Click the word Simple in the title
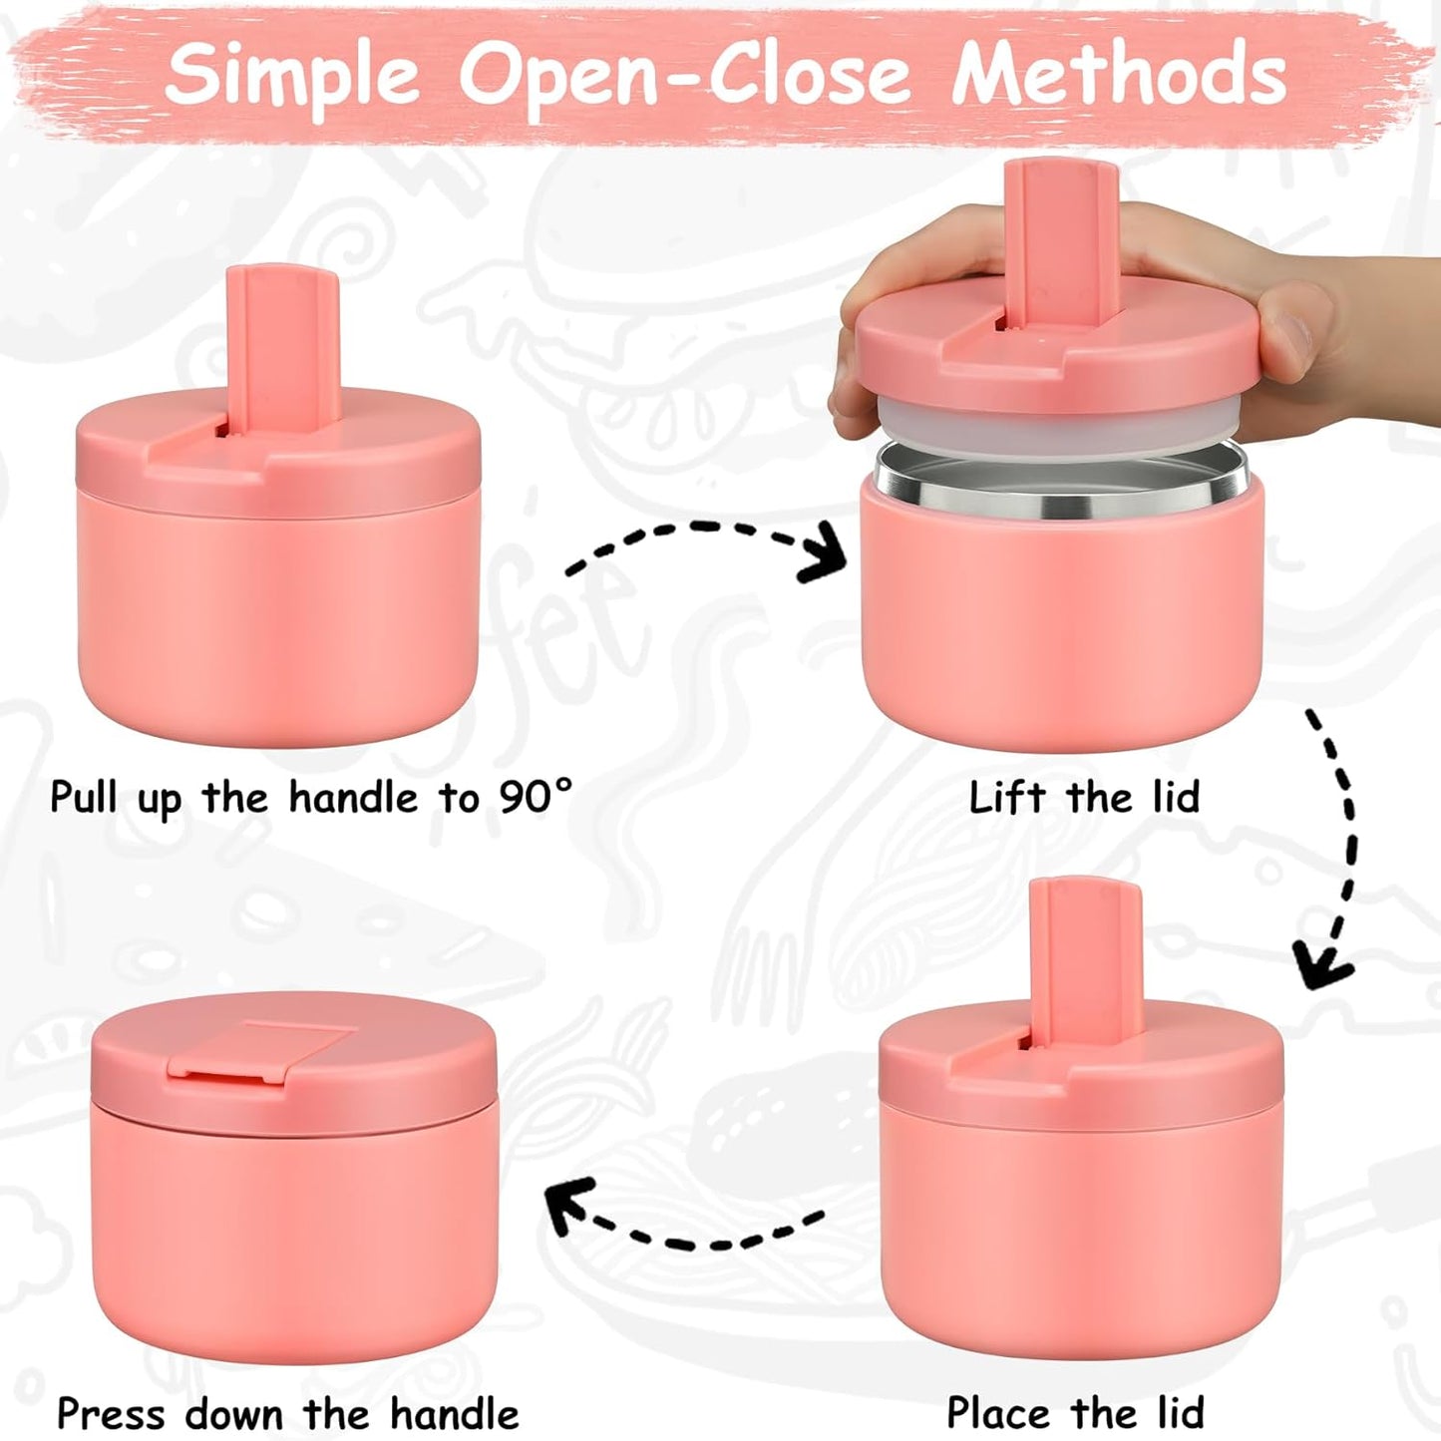292,76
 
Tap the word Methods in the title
1119,74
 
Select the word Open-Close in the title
684,76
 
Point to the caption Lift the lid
1084,798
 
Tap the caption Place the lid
1075,1413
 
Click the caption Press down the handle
288,1413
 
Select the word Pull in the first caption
84,798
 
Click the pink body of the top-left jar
277,618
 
